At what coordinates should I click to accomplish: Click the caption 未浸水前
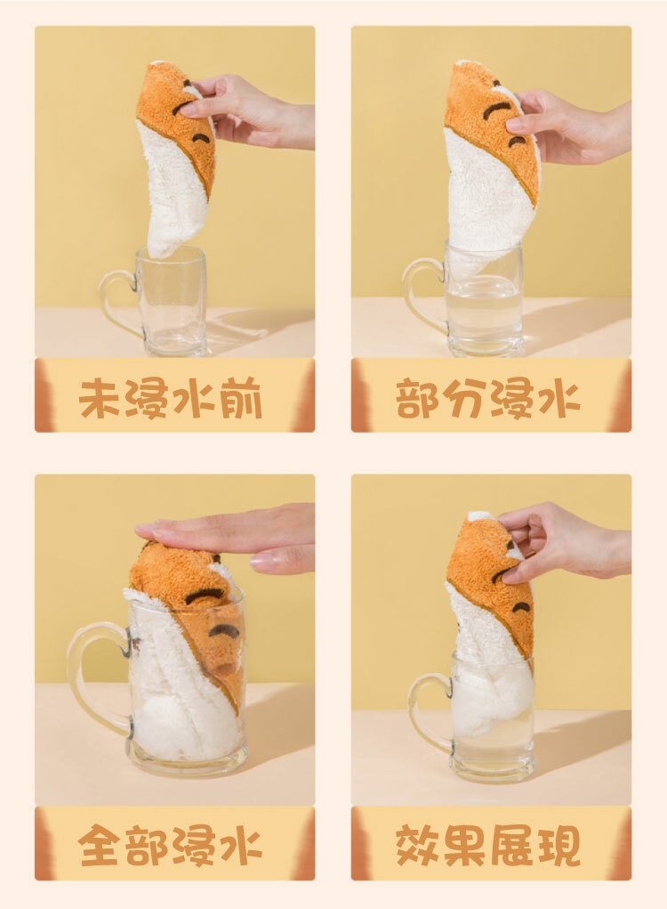171,399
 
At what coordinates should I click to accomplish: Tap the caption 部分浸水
488,399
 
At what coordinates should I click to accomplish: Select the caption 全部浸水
170,846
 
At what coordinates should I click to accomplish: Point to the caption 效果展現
488,846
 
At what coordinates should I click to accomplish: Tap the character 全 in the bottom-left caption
100,846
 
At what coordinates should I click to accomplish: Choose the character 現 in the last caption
559,846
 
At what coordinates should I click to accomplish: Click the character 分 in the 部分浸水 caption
464,399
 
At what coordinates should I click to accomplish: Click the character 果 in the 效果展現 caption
464,846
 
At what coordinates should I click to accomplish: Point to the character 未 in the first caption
100,399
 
